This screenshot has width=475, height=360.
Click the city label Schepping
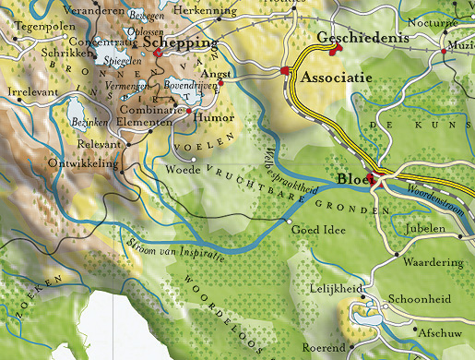pos(181,43)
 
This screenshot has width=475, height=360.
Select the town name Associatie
pos(337,78)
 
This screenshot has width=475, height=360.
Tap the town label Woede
pos(183,171)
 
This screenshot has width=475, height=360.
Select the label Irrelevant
pos(31,94)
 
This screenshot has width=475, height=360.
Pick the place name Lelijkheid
pos(332,289)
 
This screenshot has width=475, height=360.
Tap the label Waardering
pos(433,262)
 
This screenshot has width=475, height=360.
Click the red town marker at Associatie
pos(286,71)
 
